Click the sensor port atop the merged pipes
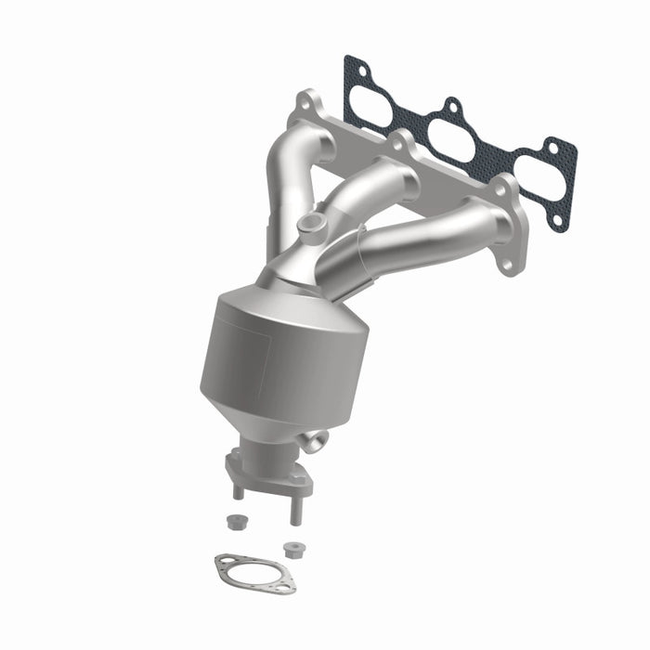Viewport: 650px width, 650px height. [x=312, y=223]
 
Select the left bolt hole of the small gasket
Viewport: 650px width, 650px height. [x=223, y=561]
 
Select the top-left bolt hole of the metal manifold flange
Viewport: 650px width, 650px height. [x=305, y=103]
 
